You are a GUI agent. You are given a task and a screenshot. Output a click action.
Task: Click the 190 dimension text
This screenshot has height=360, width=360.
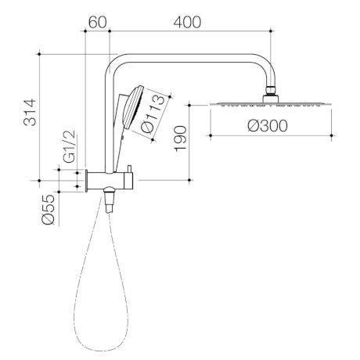179,139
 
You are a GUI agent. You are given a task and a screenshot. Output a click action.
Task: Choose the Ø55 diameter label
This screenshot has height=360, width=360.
49,209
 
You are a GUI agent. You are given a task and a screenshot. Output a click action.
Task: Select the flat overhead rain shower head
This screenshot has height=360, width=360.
271,103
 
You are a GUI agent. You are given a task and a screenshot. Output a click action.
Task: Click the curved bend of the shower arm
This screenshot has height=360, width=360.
113,65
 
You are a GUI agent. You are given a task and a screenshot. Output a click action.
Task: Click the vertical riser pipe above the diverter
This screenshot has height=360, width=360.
107,125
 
